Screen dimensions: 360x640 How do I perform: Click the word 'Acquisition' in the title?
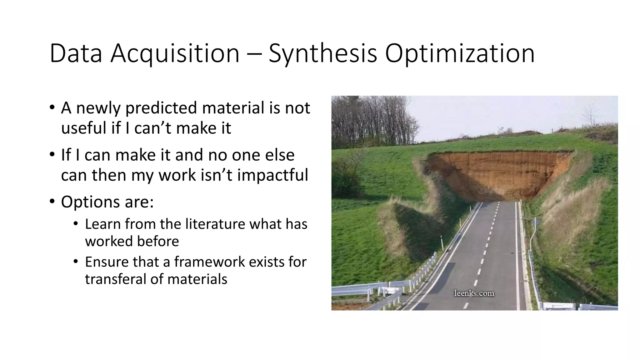coord(175,53)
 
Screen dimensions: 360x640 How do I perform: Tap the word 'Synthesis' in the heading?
coord(323,53)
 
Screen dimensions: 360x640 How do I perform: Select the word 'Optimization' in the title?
coord(460,53)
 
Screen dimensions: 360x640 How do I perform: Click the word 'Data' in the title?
coord(76,53)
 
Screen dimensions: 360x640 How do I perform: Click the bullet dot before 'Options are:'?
coord(52,202)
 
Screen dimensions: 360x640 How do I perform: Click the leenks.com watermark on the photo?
coord(474,293)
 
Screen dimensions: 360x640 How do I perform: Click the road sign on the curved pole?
coord(535,222)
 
